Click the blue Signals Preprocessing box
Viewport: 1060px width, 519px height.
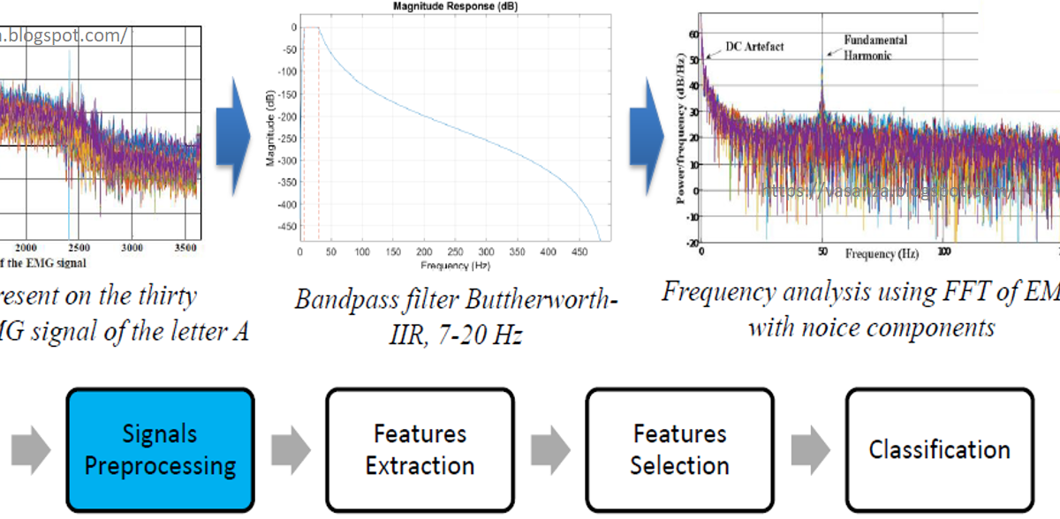(160, 449)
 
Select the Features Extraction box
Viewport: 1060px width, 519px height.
(420, 449)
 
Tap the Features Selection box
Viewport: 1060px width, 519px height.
(679, 449)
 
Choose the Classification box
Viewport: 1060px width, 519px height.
(939, 449)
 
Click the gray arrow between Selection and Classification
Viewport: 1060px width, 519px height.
(810, 449)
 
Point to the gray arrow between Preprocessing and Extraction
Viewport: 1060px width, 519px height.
(290, 449)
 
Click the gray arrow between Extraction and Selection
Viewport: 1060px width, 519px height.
(549, 449)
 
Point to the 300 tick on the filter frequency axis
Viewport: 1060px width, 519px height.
(487, 253)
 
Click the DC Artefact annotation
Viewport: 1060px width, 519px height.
(753, 46)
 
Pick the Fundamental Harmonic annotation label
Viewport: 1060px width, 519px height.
(874, 48)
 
